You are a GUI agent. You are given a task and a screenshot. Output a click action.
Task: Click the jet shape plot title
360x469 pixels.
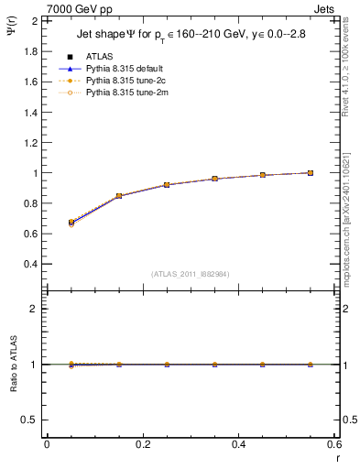pos(191,36)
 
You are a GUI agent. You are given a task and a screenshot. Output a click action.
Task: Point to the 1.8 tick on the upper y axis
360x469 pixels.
pos(31,51)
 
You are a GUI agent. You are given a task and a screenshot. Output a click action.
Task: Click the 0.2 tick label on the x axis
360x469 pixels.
pos(142,444)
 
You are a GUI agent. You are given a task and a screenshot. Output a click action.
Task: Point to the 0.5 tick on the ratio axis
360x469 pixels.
pos(31,420)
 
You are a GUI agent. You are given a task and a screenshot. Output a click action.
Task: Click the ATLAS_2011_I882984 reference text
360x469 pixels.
pos(191,273)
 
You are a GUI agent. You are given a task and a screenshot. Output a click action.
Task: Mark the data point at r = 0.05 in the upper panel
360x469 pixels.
pos(71,223)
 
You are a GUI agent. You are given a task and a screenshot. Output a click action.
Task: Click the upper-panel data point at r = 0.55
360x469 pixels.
pos(311,172)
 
